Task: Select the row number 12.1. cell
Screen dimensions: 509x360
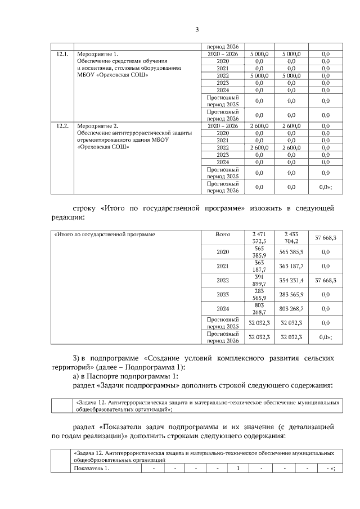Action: [62, 54]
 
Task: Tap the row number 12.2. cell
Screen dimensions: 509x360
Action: [62, 126]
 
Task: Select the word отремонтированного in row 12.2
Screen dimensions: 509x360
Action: [102, 140]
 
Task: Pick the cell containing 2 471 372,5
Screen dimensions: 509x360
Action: [259, 237]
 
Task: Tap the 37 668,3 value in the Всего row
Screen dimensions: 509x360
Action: [325, 237]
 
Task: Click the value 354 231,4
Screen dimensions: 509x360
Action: [291, 280]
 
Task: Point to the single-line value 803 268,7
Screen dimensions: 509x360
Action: [291, 308]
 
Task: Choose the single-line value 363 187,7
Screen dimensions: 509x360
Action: [291, 265]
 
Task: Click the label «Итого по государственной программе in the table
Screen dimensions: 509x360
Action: [104, 233]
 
